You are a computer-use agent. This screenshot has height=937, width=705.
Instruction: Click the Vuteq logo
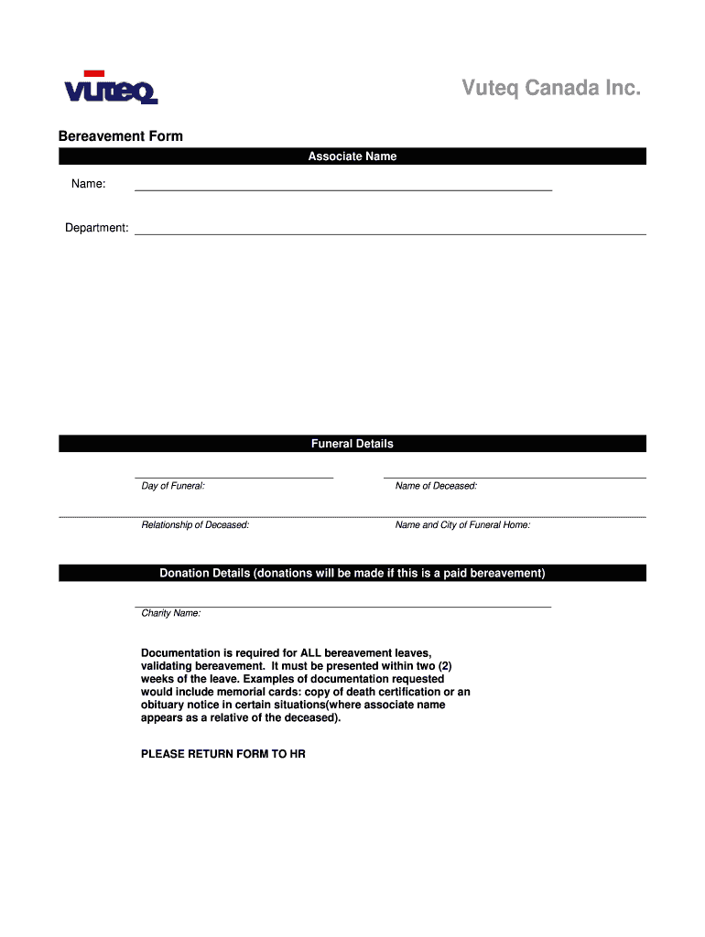tap(111, 88)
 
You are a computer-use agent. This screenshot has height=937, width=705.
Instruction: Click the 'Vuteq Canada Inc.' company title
tap(551, 88)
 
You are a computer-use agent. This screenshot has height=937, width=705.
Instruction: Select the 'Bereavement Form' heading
tap(121, 136)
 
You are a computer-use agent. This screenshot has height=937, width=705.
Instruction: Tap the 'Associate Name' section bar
tap(352, 156)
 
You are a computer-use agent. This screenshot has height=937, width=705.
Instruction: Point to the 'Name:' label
tap(89, 185)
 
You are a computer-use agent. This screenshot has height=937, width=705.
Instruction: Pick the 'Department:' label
tap(96, 228)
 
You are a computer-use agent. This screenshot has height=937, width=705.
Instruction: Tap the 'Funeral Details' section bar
tap(352, 444)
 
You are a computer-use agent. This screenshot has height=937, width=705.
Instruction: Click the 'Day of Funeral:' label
tap(173, 486)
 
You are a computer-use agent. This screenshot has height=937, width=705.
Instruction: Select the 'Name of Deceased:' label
tap(436, 486)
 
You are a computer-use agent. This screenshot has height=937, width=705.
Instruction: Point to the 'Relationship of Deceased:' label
tap(195, 525)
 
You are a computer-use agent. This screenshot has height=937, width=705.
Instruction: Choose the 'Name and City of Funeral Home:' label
tap(462, 525)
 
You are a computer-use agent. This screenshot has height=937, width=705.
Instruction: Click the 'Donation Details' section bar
tap(352, 573)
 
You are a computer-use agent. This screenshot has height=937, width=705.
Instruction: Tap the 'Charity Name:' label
tap(171, 613)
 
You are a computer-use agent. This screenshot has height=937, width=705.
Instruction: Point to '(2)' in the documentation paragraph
tap(442, 666)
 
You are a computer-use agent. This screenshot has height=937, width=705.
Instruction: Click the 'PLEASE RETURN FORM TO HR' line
tap(223, 755)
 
